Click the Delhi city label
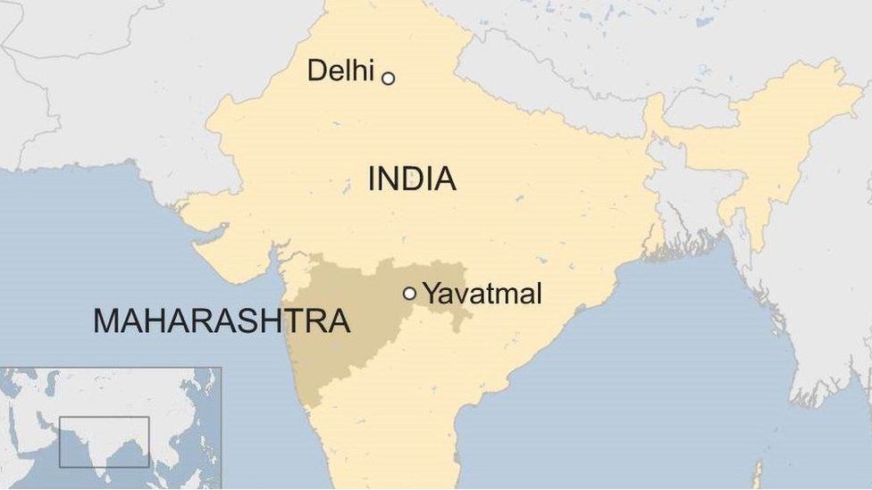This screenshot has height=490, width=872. point(340,71)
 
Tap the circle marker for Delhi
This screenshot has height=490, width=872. point(388,79)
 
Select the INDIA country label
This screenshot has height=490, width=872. point(412,179)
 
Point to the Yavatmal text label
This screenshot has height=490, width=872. point(482,294)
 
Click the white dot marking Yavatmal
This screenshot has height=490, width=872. point(409,293)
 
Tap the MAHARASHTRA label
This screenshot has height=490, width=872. point(221,321)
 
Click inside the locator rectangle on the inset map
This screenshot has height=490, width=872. point(104,441)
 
